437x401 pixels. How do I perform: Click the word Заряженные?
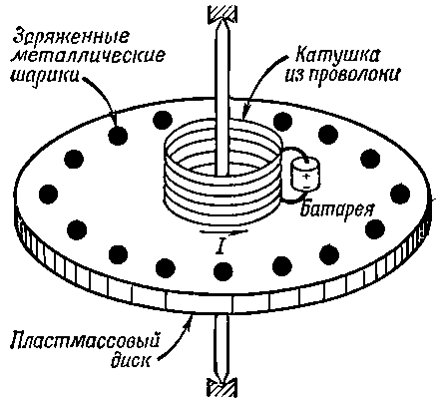(x=71, y=36)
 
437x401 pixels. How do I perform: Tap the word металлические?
(x=88, y=56)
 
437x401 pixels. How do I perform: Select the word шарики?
(x=45, y=76)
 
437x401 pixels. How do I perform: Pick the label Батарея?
(x=336, y=209)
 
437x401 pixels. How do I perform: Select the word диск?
(x=130, y=360)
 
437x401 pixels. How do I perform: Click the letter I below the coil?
(x=219, y=246)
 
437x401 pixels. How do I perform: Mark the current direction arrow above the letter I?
(x=223, y=231)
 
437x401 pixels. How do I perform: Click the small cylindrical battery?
(x=305, y=175)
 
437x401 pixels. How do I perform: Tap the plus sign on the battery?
(x=306, y=177)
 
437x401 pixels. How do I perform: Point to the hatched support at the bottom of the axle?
(x=222, y=387)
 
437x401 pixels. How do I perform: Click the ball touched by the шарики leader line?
(x=118, y=136)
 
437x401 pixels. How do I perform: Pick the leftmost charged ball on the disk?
(x=49, y=194)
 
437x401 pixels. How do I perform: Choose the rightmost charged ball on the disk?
(x=400, y=194)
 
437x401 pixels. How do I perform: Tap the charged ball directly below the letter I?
(x=223, y=271)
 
